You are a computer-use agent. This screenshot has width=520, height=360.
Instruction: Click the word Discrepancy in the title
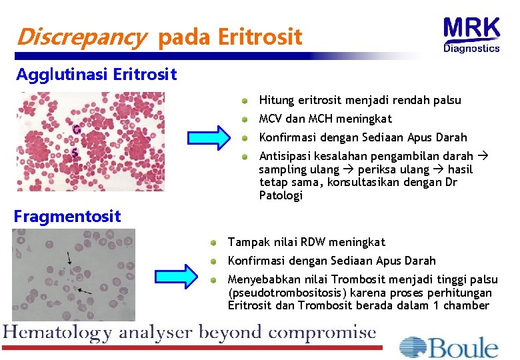(80, 37)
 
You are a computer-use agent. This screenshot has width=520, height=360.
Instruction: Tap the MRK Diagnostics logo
(471, 34)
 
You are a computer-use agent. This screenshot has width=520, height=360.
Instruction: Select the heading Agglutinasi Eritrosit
(96, 74)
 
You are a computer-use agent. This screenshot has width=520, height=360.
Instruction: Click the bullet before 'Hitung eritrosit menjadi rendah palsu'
(245, 101)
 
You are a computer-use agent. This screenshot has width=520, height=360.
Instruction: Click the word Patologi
(281, 195)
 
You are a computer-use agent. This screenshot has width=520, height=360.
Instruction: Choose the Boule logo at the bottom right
(449, 347)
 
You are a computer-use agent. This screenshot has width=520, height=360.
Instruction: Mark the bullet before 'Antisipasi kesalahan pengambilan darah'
(245, 157)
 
